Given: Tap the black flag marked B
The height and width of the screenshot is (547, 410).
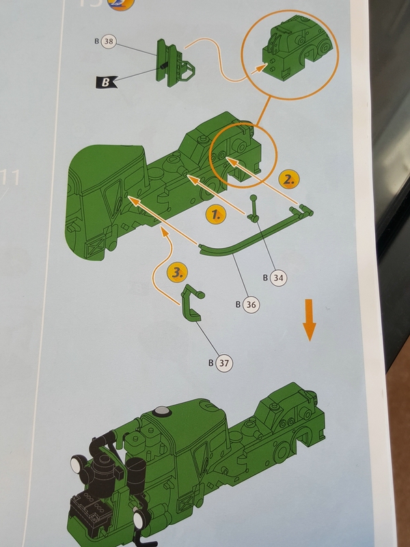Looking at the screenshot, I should point(106,81).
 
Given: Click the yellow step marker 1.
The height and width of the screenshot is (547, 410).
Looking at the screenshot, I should point(215,214).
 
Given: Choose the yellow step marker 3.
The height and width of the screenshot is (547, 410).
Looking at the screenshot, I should point(177,273).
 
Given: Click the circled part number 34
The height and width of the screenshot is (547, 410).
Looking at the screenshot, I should point(277,278).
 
